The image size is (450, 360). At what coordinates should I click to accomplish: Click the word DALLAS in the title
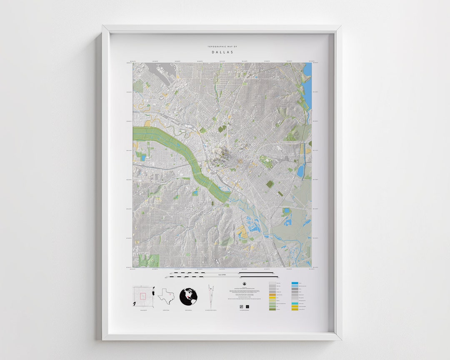pyautogui.click(x=222, y=52)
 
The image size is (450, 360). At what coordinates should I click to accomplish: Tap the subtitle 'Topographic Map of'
pyautogui.click(x=222, y=47)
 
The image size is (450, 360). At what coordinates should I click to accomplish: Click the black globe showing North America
pyautogui.click(x=188, y=296)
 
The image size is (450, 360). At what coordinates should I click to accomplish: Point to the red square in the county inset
pyautogui.click(x=142, y=296)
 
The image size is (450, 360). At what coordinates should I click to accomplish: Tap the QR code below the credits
pyautogui.click(x=241, y=306)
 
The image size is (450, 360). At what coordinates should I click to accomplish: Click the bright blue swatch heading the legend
pyautogui.click(x=295, y=283)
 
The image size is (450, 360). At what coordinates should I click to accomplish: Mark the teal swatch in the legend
pyautogui.click(x=295, y=304)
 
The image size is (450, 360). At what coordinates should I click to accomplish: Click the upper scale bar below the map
pyautogui.click(x=222, y=273)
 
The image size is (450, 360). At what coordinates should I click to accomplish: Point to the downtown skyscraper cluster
pyautogui.click(x=220, y=156)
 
